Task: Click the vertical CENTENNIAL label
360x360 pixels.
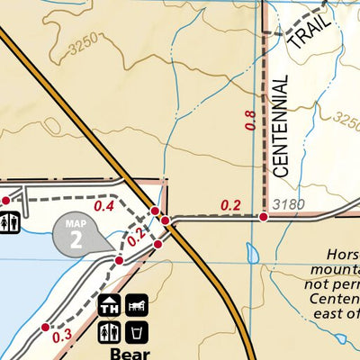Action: [x=280, y=126]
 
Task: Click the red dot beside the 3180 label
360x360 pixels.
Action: [x=264, y=217]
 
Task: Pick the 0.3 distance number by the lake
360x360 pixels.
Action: [x=62, y=337]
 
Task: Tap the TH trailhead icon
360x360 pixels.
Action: [x=110, y=306]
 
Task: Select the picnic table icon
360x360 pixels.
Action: [x=137, y=306]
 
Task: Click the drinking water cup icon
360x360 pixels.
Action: [x=137, y=334]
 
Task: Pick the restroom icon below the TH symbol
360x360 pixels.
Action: [x=110, y=334]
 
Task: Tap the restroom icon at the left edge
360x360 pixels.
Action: [x=9, y=221]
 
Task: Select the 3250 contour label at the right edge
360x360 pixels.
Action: [x=346, y=120]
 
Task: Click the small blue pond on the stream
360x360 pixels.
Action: [x=252, y=253]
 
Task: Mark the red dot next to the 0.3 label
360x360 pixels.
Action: [x=45, y=328]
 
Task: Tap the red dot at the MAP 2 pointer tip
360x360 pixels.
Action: [x=119, y=260]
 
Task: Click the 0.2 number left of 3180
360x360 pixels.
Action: [x=231, y=206]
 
